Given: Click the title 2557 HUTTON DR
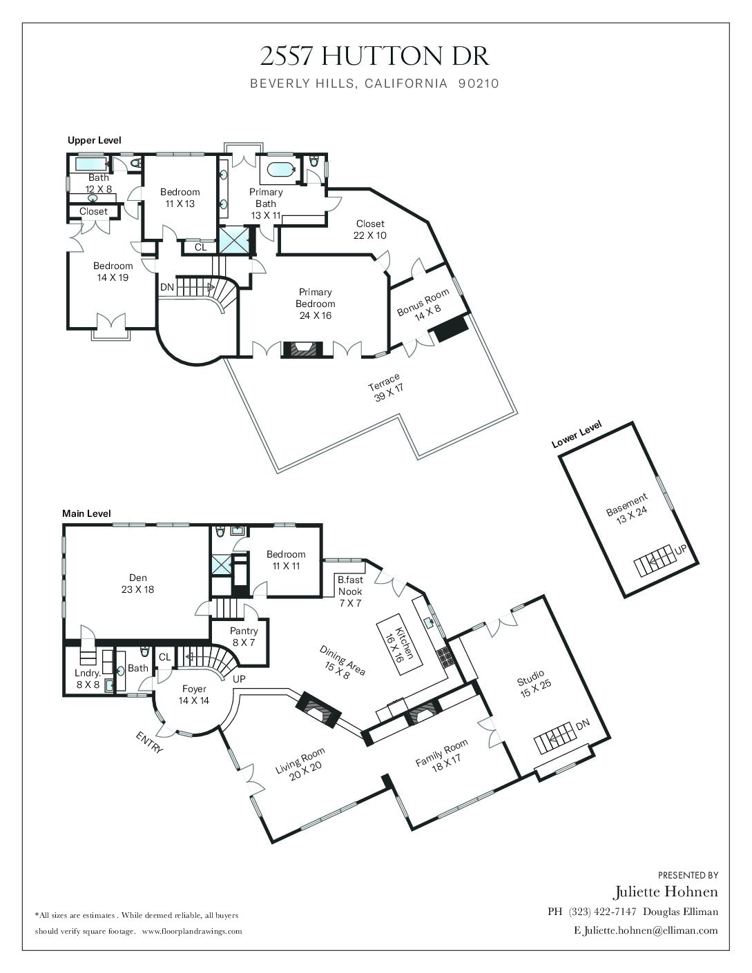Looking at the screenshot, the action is click(x=374, y=57).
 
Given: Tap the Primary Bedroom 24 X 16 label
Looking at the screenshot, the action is click(x=316, y=304).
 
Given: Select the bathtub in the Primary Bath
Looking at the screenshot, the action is click(x=281, y=170).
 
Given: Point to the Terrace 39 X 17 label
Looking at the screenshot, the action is click(x=385, y=387).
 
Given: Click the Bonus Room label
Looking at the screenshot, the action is click(x=423, y=302).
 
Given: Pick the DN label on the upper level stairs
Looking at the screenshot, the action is click(x=167, y=287).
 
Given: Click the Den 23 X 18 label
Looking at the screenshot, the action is click(x=137, y=583).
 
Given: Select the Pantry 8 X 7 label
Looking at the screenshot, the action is click(x=244, y=636).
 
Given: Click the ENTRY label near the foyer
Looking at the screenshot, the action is click(x=149, y=743).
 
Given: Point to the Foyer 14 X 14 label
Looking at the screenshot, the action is click(x=194, y=694).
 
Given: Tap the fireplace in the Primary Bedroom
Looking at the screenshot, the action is click(x=302, y=349).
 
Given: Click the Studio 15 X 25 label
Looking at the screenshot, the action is click(x=534, y=684).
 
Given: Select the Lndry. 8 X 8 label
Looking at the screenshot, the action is click(x=88, y=678).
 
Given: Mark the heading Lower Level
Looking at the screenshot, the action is click(x=577, y=434).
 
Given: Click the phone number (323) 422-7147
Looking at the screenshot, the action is click(x=602, y=912).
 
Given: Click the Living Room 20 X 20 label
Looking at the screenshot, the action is click(x=300, y=765).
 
